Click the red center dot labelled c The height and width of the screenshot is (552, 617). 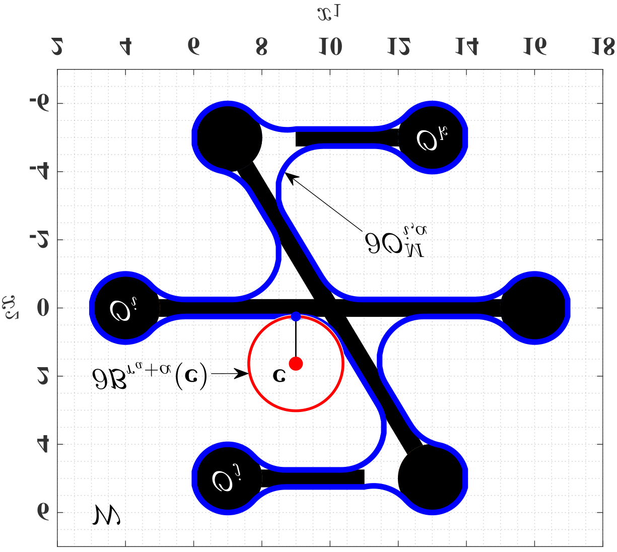(296, 363)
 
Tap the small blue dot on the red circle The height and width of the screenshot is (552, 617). (296, 316)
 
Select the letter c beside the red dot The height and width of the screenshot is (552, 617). (278, 375)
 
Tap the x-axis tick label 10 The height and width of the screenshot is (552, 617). (330, 47)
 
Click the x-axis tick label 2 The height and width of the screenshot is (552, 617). (57, 47)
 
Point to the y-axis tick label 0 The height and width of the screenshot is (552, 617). (42, 308)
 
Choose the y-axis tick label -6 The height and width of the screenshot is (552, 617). (40, 103)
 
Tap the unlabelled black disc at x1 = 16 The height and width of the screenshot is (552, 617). (534, 308)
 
